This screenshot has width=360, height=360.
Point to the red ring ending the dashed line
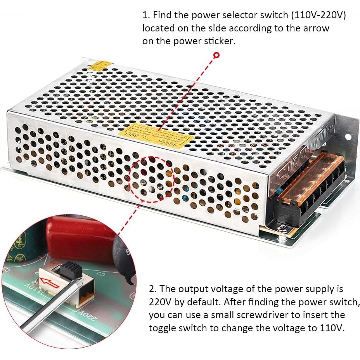216,55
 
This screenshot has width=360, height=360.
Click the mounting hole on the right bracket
348,137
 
